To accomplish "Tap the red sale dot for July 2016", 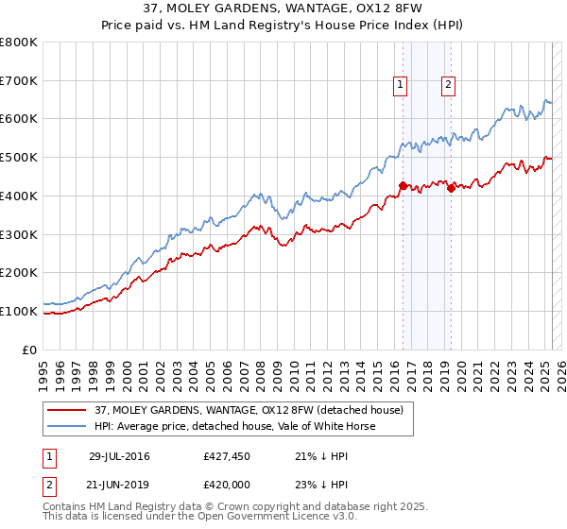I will tap(403, 186).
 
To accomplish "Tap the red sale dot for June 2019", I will tap(451, 188).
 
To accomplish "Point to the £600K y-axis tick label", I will tap(19, 119).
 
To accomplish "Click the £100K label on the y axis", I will tap(19, 311).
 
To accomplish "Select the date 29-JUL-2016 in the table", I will tap(119, 456).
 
